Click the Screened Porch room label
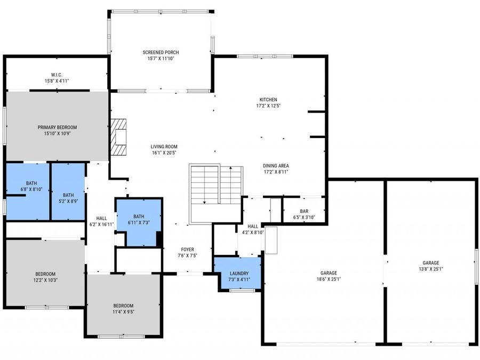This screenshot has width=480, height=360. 161,52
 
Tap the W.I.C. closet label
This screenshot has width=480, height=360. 57,75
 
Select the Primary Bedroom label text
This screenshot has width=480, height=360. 57,127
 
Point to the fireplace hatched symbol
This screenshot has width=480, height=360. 119,137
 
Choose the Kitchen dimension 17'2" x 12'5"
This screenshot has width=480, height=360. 268,106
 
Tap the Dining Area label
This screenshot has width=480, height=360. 276,165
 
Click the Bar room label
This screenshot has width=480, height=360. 304,211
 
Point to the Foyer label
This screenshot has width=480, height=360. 187,250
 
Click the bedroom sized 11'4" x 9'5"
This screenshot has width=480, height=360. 123,308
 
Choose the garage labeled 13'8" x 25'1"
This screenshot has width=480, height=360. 431,266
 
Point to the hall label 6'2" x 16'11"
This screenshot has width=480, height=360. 101,221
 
